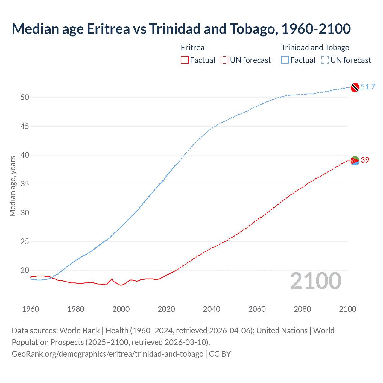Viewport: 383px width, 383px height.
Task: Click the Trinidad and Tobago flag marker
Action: tap(355, 87)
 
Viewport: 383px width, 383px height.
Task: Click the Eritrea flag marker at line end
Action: tap(355, 161)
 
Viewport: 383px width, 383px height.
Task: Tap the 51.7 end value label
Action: tap(368, 87)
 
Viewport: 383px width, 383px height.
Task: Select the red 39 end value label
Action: tap(365, 160)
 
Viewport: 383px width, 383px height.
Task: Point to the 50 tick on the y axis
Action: tap(25, 97)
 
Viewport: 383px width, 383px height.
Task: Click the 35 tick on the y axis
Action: tap(25, 184)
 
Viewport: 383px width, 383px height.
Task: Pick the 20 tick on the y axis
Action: tap(25, 270)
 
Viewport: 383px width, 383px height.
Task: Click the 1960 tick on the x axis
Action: tap(31, 309)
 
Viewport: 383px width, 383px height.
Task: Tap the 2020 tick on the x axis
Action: tap(166, 309)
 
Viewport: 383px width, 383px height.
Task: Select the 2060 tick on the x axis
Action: tap(257, 309)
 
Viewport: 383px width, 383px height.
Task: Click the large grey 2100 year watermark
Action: tap(315, 281)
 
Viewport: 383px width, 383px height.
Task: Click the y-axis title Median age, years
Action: tap(13, 186)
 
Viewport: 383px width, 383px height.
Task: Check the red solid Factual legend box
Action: tap(185, 60)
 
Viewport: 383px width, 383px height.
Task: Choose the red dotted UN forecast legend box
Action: tap(224, 60)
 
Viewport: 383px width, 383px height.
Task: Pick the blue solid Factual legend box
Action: tap(285, 60)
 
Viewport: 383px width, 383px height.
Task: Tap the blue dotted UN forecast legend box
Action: tap(325, 60)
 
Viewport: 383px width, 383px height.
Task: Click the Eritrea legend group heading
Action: tap(193, 48)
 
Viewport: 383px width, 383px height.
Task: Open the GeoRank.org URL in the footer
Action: tap(107, 354)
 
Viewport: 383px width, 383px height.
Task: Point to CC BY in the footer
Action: tap(220, 354)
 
